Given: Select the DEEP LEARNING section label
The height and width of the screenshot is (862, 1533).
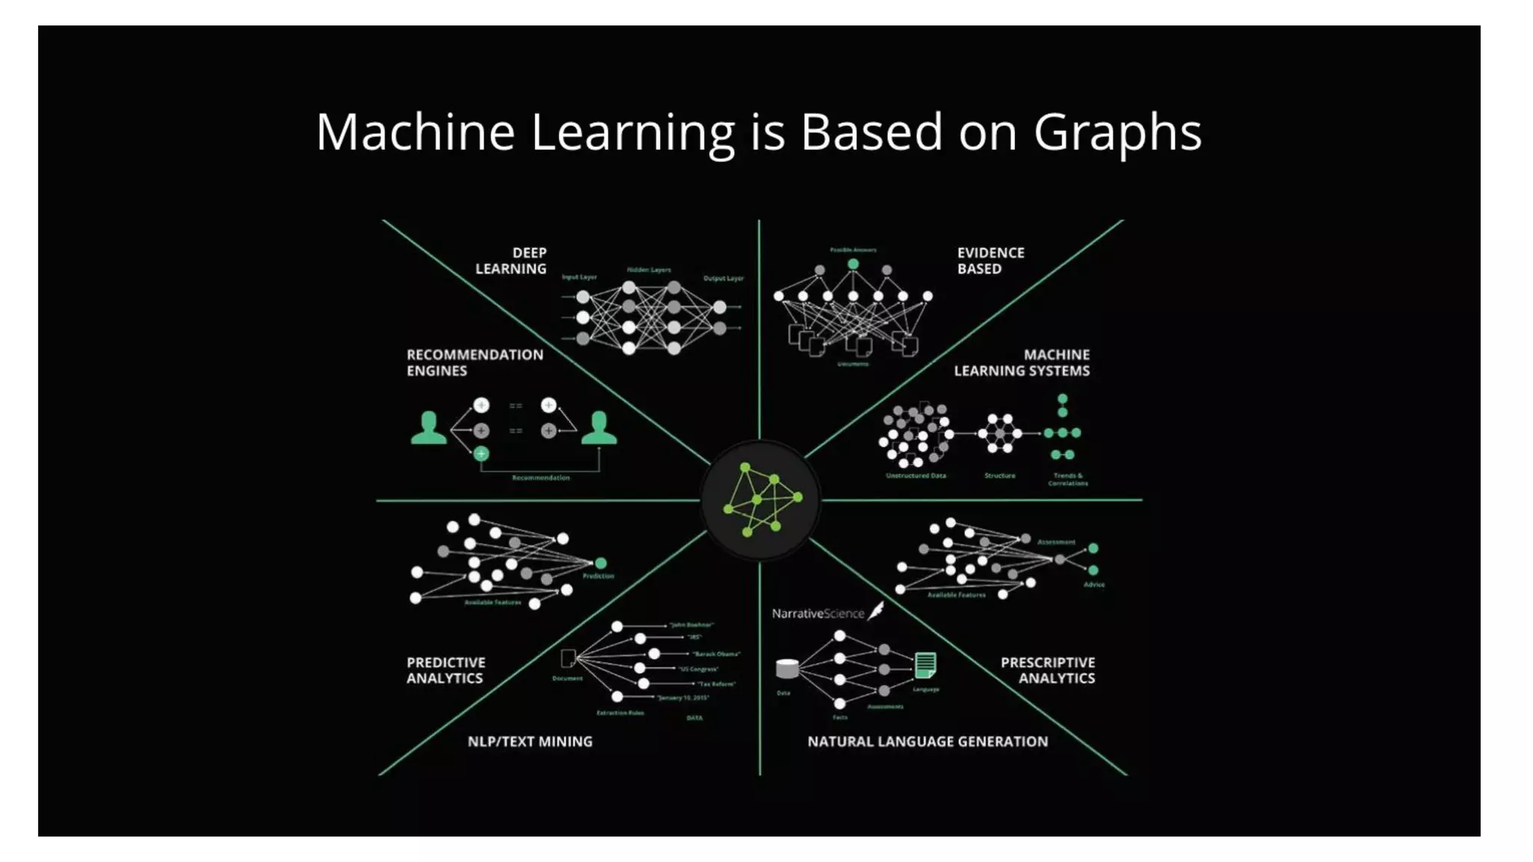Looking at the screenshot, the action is click(x=512, y=260).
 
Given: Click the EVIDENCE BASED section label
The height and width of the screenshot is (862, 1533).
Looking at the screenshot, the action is click(x=990, y=260).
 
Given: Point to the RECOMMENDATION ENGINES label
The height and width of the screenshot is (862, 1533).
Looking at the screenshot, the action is click(x=475, y=363).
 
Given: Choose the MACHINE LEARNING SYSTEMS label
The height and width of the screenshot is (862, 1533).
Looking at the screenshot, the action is click(x=1022, y=363).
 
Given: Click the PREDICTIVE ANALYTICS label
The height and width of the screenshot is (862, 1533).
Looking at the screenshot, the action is click(x=445, y=670).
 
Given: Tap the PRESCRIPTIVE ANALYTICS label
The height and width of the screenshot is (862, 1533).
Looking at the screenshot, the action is click(x=1048, y=670).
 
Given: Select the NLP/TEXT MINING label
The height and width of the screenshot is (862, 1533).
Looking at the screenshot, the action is click(x=530, y=742).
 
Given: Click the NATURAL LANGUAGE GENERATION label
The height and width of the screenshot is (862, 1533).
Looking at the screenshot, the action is click(x=927, y=742).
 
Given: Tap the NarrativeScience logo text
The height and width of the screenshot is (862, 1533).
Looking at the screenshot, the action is click(x=817, y=614).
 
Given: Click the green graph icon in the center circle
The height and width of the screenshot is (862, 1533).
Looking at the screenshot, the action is click(x=761, y=499).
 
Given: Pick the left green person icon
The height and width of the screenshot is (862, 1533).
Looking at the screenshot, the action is click(x=428, y=429).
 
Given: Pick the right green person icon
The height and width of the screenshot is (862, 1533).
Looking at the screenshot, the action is click(x=599, y=429).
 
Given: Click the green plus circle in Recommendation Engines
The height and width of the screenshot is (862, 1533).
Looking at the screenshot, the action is click(x=481, y=453).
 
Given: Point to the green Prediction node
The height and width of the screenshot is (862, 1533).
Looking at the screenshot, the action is click(x=600, y=563).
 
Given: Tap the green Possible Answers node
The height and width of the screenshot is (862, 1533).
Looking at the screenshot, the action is click(x=853, y=264).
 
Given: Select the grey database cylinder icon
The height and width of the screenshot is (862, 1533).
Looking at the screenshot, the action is click(x=787, y=668).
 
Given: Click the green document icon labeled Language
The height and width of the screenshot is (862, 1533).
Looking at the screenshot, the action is click(x=925, y=664).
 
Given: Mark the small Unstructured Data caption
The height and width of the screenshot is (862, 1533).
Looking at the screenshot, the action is click(x=915, y=476).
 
